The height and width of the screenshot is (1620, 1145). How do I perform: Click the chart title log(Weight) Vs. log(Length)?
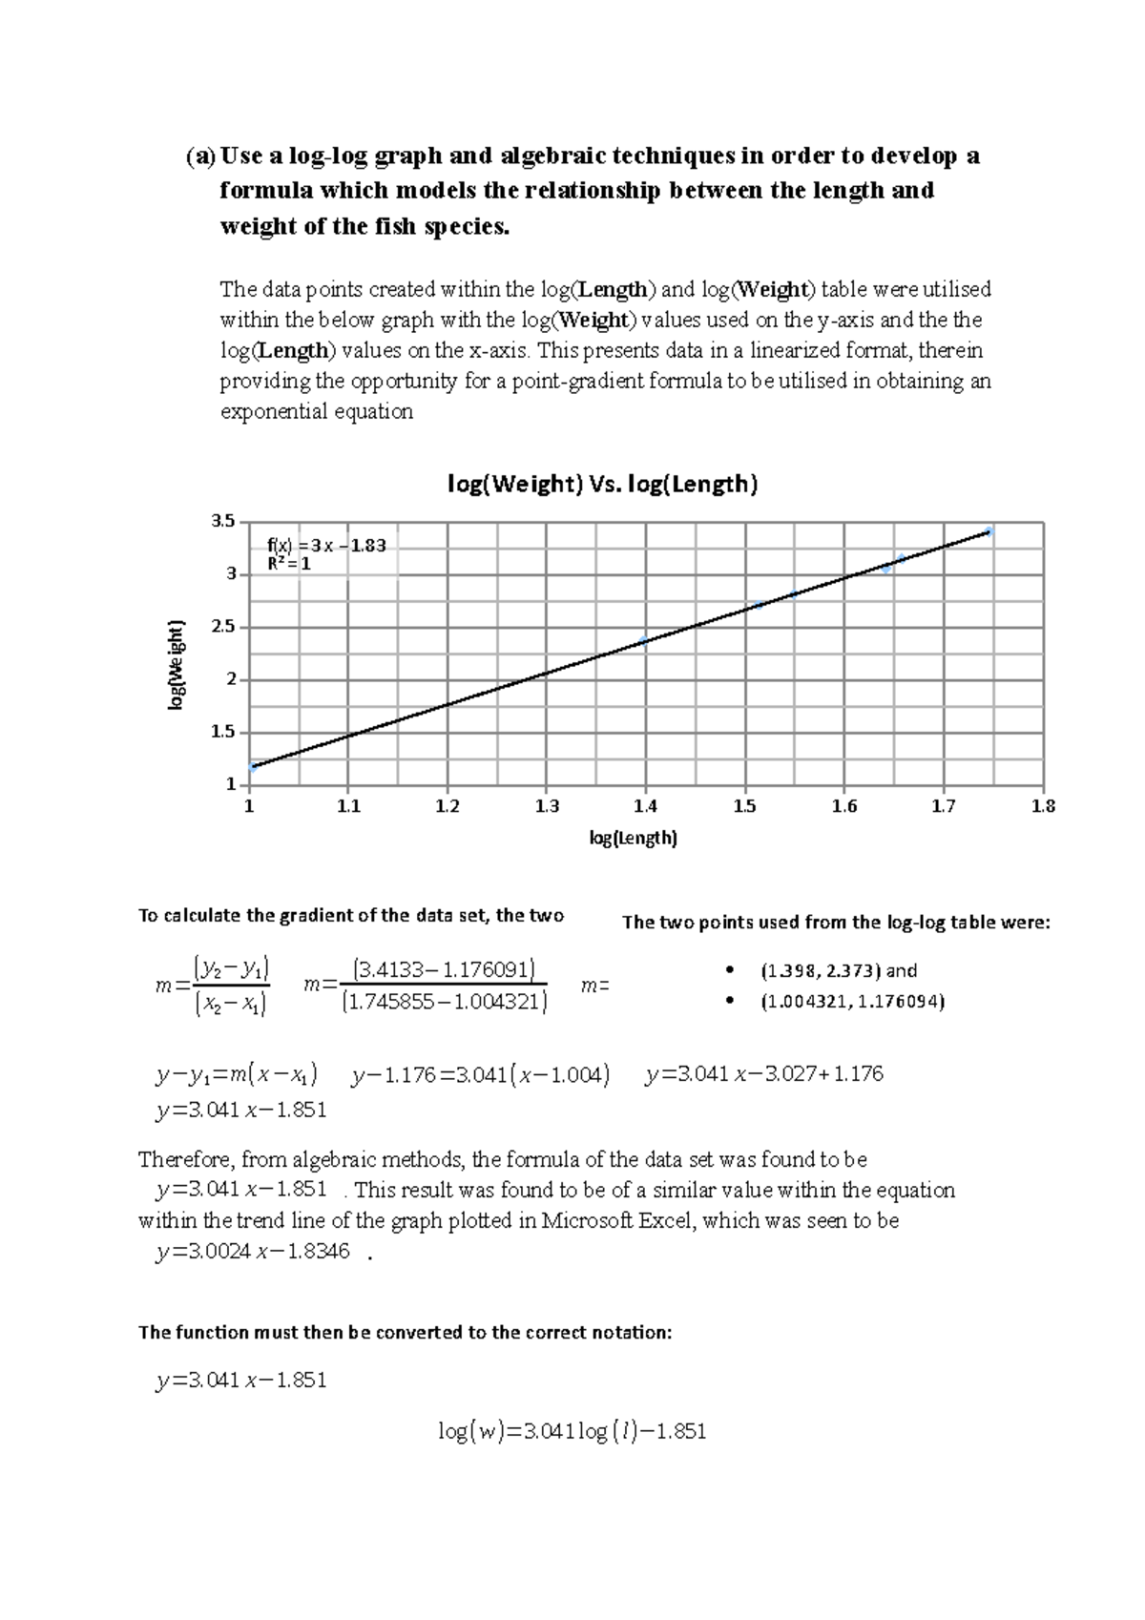tap(603, 485)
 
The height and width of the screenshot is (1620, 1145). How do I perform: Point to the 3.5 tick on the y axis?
tap(222, 521)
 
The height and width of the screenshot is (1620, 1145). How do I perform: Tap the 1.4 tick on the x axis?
tap(645, 807)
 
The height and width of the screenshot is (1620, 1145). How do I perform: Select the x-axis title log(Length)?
tap(633, 839)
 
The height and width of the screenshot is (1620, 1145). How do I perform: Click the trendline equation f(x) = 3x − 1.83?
tap(326, 546)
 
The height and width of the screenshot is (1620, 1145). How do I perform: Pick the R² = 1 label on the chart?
tap(288, 564)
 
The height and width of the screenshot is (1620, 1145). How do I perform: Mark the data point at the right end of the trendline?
tap(989, 531)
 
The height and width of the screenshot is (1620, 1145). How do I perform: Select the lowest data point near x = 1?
tap(253, 766)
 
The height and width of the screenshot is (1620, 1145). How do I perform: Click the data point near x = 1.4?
tap(644, 641)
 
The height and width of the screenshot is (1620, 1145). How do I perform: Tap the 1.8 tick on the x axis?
tap(1044, 807)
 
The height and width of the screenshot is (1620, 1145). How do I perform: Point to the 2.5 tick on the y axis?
tap(222, 627)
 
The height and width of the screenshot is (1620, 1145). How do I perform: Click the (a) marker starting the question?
tap(200, 156)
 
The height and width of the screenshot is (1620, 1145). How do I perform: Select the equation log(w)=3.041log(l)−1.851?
tap(572, 1431)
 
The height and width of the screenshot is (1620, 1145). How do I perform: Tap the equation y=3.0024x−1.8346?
tap(253, 1251)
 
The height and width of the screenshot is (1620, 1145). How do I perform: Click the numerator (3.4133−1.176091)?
tap(444, 970)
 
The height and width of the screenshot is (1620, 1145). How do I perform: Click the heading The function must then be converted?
tap(405, 1332)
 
